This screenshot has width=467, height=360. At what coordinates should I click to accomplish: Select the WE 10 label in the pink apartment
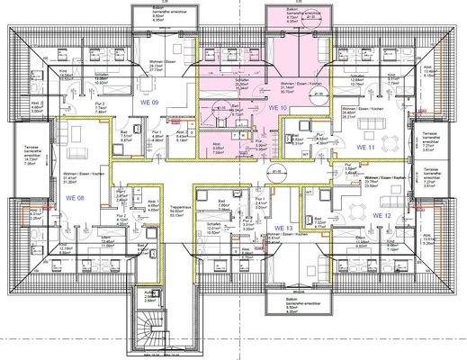coord(277,107)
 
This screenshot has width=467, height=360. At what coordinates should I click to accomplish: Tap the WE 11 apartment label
coord(364,146)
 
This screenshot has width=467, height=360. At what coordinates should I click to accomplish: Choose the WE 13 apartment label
coord(283,229)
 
